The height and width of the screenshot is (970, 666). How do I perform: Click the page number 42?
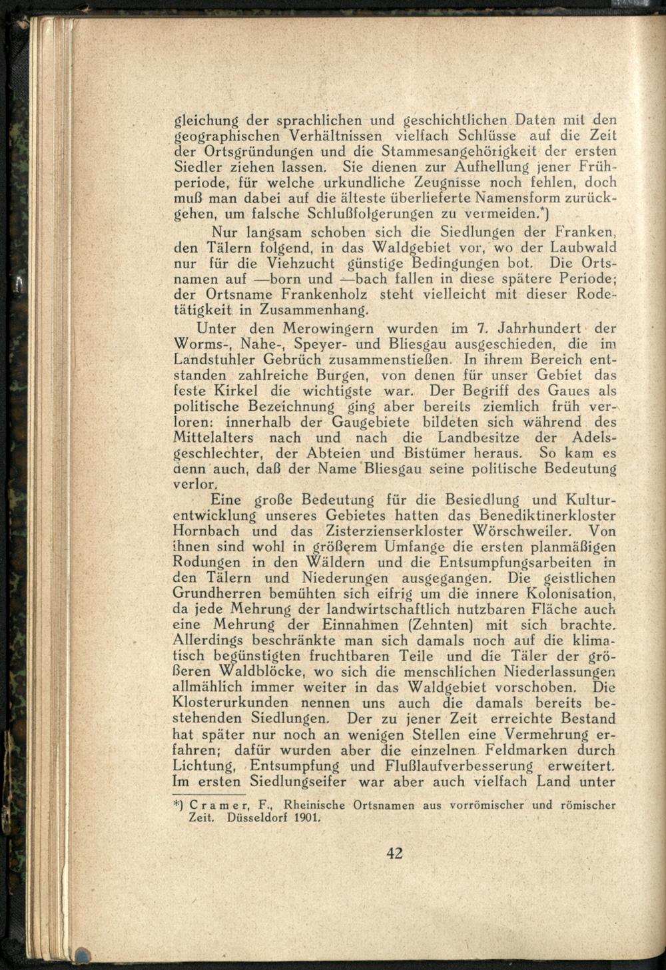click(x=394, y=853)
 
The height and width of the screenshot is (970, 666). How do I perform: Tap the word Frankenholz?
click(x=322, y=294)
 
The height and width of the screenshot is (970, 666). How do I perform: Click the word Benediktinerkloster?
click(x=547, y=516)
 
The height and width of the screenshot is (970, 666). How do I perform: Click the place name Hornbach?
click(x=206, y=532)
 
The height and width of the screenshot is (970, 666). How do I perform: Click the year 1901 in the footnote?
click(x=306, y=818)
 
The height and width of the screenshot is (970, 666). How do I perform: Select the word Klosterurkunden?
click(x=230, y=704)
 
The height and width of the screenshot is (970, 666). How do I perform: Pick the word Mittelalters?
click(x=215, y=439)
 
